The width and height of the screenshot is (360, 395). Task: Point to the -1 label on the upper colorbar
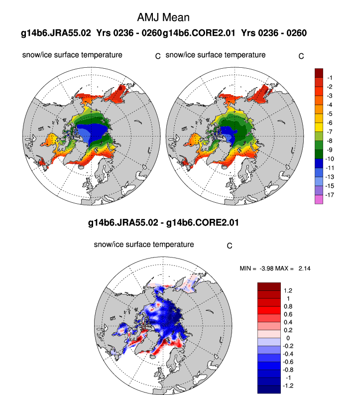(330, 78)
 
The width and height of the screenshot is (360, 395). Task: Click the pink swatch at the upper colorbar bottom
(319, 199)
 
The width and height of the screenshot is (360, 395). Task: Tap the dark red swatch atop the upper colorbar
(319, 73)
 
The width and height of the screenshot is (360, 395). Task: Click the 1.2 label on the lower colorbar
(288, 290)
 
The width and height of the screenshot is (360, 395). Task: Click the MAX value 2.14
(305, 268)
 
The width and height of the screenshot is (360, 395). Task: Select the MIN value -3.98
(270, 268)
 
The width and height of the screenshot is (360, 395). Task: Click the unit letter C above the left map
(158, 56)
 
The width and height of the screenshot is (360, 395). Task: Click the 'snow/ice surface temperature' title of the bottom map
(143, 245)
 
